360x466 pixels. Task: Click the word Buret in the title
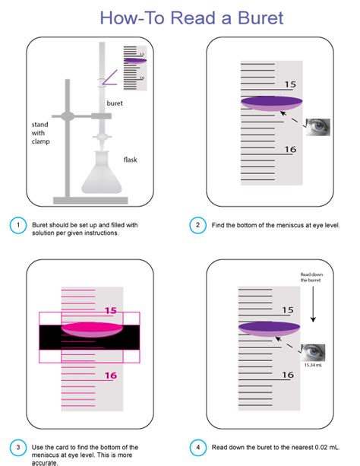[261, 17]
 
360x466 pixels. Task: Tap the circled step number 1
[17, 225]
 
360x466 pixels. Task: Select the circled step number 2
[197, 225]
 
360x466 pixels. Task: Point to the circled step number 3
[17, 447]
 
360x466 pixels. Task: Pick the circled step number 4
[197, 447]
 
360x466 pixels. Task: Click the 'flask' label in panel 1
[131, 160]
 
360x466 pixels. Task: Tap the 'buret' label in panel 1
[115, 103]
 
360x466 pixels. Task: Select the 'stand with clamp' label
[40, 133]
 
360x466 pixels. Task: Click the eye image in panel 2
[317, 127]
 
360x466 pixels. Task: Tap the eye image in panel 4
[313, 353]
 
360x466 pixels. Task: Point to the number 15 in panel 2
[290, 84]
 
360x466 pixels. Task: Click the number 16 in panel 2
[290, 149]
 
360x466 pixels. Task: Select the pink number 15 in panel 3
[110, 311]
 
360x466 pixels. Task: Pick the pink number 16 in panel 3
[110, 376]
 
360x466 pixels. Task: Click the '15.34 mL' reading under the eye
[313, 365]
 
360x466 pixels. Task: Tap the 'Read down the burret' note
[311, 277]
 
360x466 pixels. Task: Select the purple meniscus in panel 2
[271, 103]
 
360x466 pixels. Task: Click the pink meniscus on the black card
[92, 330]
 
